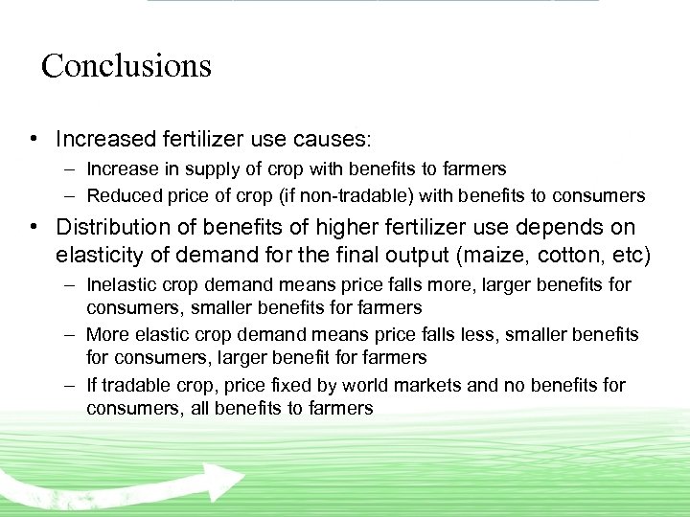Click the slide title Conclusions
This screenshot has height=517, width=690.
click(126, 66)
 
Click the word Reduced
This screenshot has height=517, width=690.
click(120, 195)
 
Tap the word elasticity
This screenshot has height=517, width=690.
click(100, 256)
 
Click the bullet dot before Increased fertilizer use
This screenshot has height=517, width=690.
click(33, 139)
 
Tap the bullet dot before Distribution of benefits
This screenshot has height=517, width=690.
click(33, 228)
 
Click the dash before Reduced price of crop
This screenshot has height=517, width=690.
click(72, 195)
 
